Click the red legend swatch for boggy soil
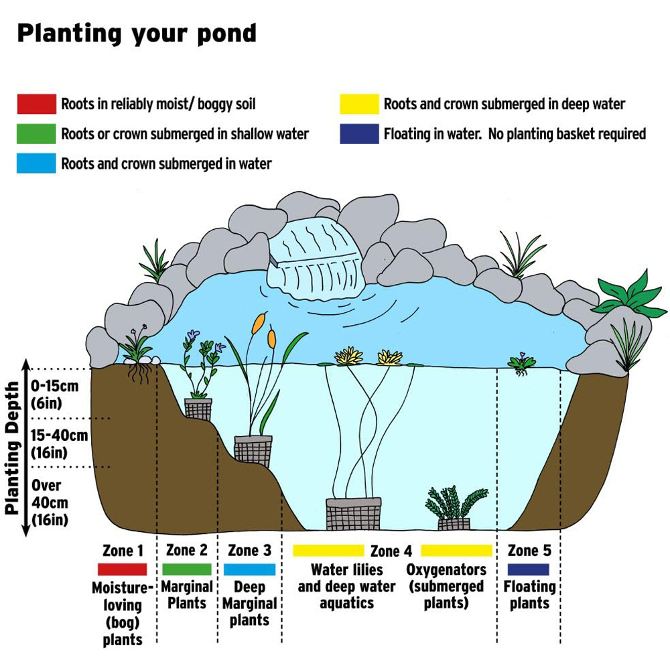36,104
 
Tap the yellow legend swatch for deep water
359,104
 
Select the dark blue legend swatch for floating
359,134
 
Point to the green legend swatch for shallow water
36,134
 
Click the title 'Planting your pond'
137,33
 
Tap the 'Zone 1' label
123,550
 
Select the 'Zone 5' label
529,550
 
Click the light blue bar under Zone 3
249,569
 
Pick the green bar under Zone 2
187,569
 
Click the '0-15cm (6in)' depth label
55,395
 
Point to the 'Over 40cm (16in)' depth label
50,503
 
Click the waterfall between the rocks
316,261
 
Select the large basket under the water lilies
353,514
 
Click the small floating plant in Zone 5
521,364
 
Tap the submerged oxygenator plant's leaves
456,503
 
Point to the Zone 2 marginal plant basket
198,409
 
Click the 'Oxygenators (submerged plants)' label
446,586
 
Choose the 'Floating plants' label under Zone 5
529,595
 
